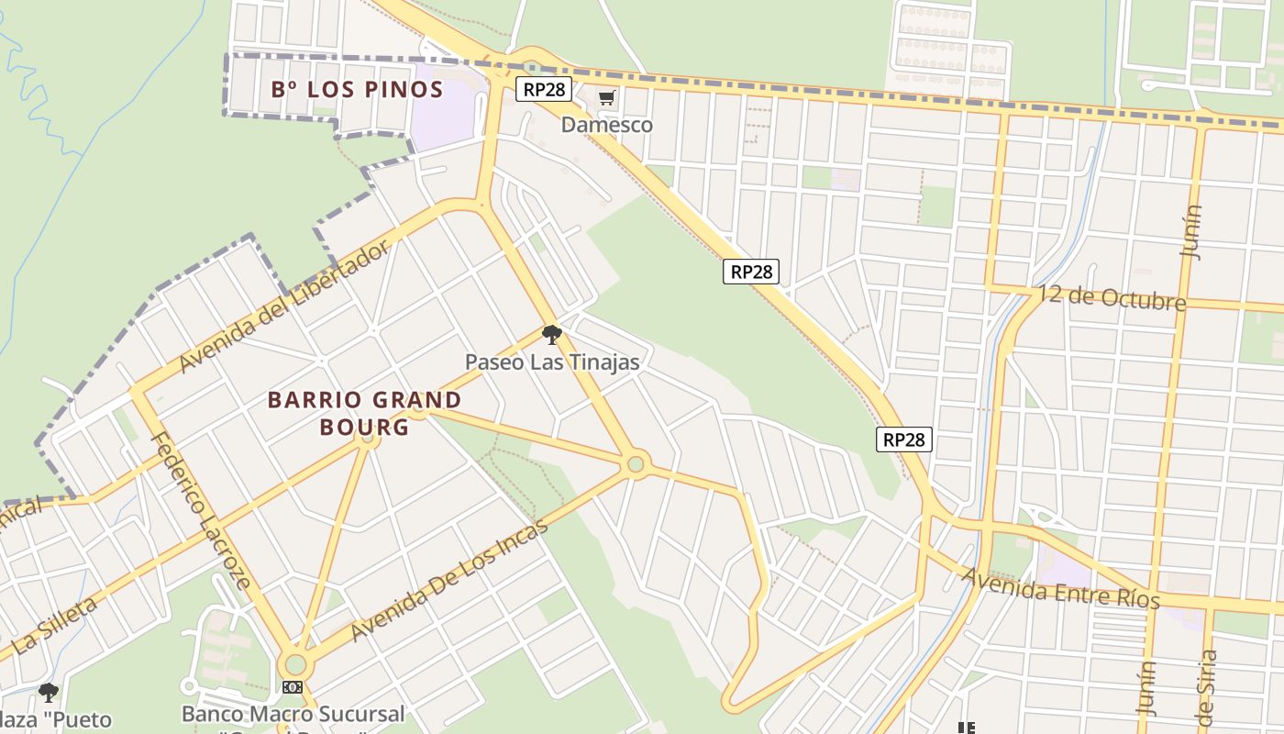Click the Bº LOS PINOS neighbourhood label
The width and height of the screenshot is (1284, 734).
358,90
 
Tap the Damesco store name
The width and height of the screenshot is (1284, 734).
607,125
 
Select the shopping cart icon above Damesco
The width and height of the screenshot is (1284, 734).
606,98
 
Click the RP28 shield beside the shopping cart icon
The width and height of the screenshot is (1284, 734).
544,89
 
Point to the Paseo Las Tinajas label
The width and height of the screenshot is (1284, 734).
552,362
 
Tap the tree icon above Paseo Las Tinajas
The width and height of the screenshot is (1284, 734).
551,335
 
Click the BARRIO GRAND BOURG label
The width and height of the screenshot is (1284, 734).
364,413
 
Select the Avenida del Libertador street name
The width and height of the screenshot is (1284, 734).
285,306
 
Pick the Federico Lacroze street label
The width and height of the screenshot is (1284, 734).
201,510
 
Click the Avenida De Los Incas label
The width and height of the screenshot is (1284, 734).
449,580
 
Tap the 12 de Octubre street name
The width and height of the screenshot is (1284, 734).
1112,298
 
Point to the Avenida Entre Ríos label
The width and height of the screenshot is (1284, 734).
1060,587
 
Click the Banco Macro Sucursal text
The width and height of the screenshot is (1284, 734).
293,714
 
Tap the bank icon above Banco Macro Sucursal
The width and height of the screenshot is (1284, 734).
293,687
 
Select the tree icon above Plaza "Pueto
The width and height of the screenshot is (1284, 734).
48,693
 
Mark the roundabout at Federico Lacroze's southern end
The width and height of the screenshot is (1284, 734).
295,664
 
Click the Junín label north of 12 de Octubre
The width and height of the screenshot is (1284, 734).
1191,231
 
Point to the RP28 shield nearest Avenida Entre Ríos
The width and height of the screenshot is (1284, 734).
904,439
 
